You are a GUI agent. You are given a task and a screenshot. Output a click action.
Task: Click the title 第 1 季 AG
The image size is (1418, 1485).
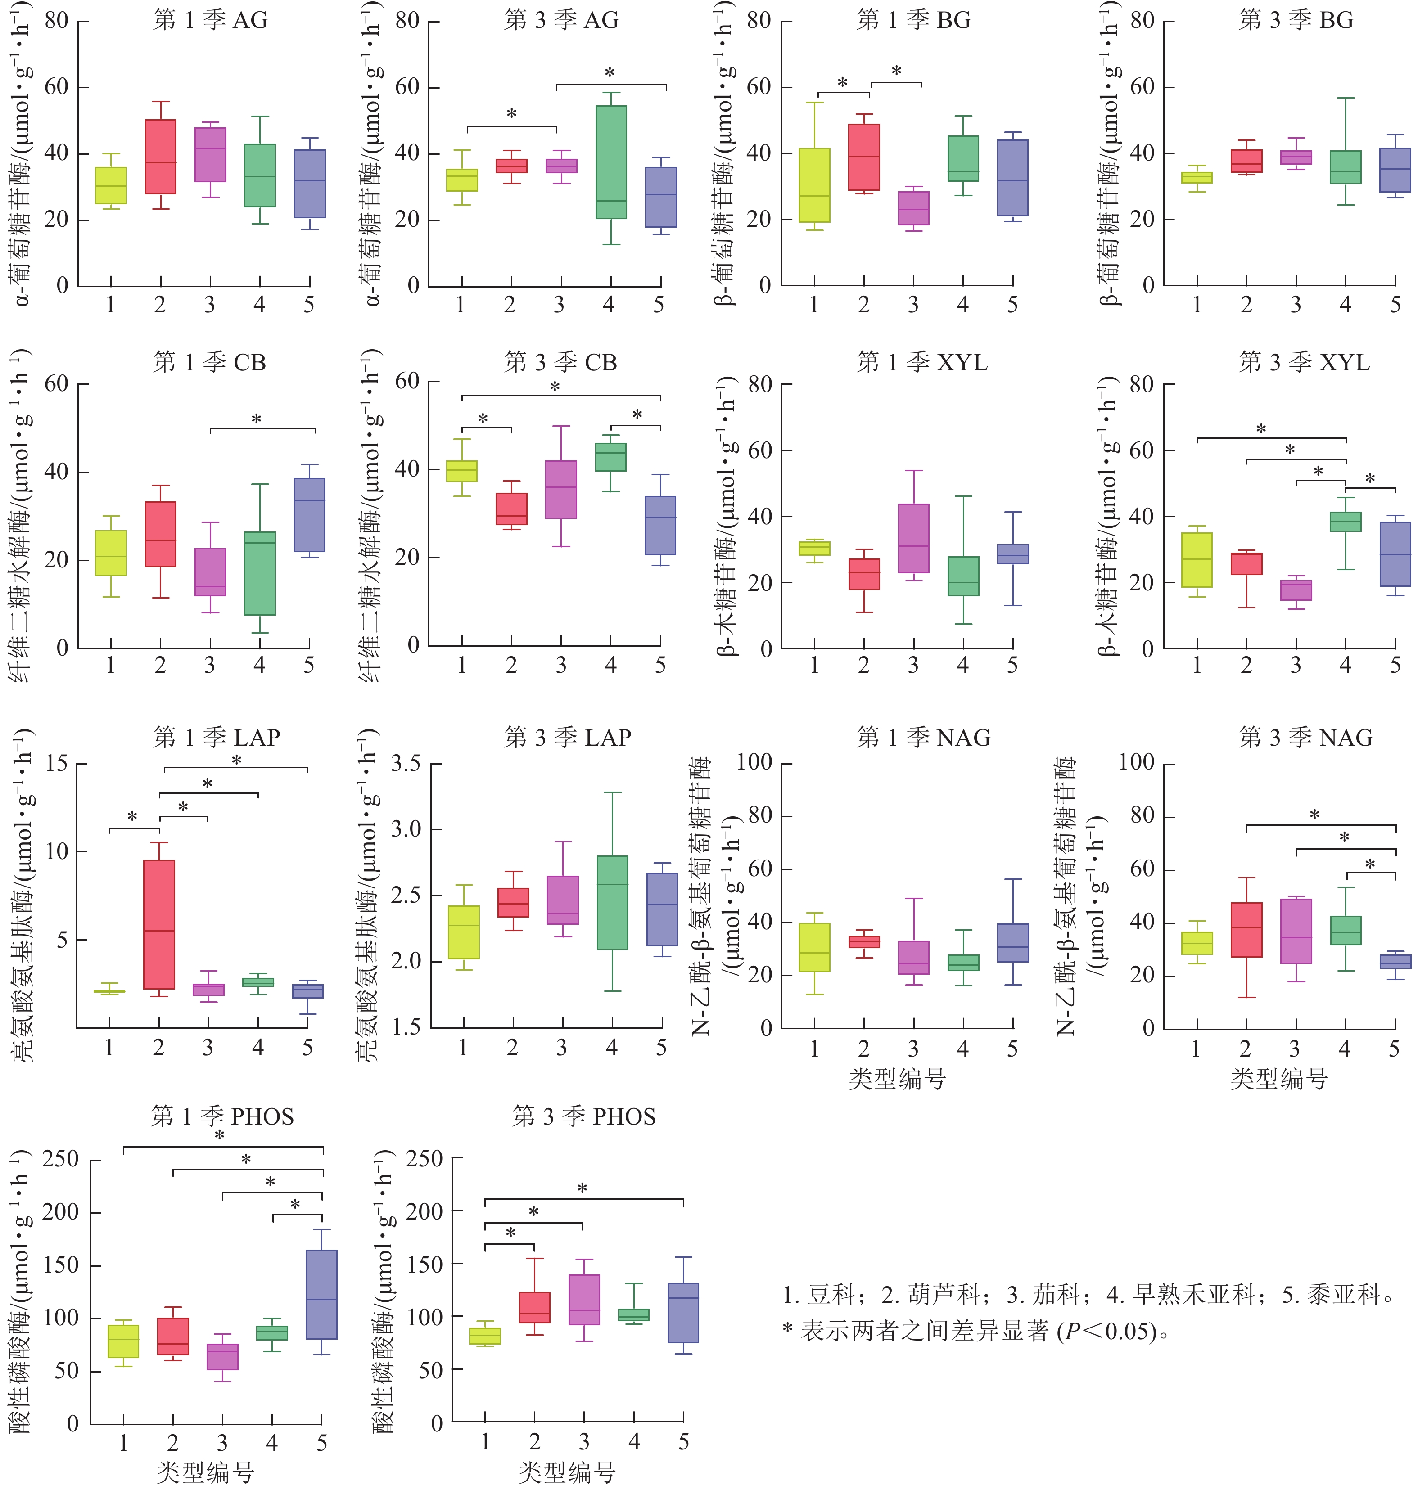[210, 20]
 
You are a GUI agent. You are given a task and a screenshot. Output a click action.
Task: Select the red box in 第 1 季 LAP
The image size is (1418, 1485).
[159, 923]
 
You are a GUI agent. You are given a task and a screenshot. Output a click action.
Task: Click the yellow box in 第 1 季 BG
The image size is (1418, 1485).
[814, 185]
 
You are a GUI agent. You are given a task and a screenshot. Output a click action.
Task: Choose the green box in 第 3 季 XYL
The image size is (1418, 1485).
[1346, 522]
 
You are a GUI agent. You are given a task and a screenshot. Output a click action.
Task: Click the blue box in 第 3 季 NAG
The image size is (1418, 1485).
[1395, 961]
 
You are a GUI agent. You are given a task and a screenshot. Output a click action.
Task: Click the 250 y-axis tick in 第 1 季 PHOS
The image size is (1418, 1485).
[60, 1159]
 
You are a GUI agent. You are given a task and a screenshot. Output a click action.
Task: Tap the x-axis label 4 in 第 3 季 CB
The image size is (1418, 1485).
[611, 665]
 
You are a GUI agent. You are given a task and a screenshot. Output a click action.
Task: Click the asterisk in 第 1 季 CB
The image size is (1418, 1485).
[256, 419]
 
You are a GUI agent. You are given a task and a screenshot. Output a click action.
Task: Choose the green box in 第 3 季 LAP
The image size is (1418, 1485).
[612, 902]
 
